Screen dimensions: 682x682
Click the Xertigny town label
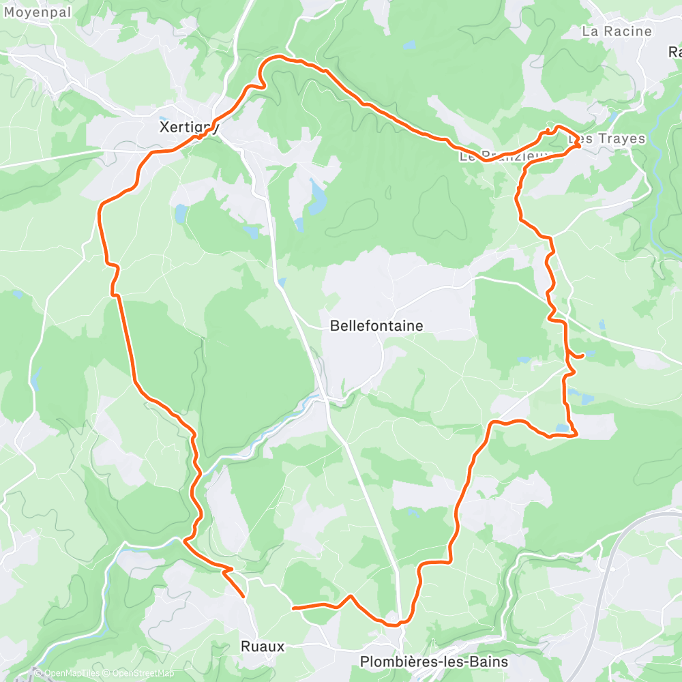coord(188,127)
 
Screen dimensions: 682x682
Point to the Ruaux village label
coord(263,645)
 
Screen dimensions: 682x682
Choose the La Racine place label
coord(617,31)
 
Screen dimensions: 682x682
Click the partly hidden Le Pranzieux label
coord(494,155)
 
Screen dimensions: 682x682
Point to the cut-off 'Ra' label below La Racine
coord(674,52)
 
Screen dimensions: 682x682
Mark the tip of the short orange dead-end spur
coord(243,597)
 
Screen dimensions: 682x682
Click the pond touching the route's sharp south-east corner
coord(562,428)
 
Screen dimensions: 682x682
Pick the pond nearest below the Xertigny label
coord(180,214)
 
